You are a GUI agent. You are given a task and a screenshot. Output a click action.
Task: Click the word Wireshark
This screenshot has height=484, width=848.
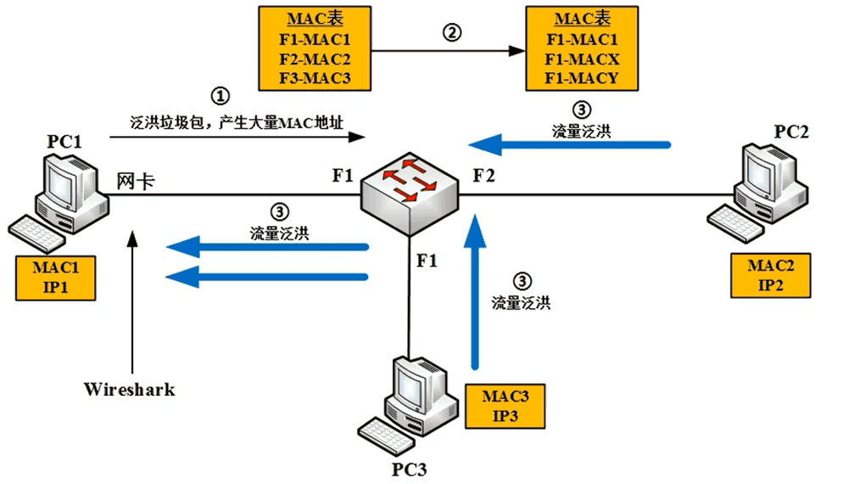[129, 390]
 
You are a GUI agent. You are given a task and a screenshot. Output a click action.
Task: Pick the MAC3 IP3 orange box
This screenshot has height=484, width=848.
[505, 405]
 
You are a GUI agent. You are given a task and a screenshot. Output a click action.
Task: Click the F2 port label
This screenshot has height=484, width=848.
[483, 177]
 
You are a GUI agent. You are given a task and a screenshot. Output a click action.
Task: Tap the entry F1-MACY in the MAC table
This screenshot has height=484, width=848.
[572, 79]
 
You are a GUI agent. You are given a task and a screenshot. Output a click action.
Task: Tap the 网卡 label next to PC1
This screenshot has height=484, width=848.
[135, 180]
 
